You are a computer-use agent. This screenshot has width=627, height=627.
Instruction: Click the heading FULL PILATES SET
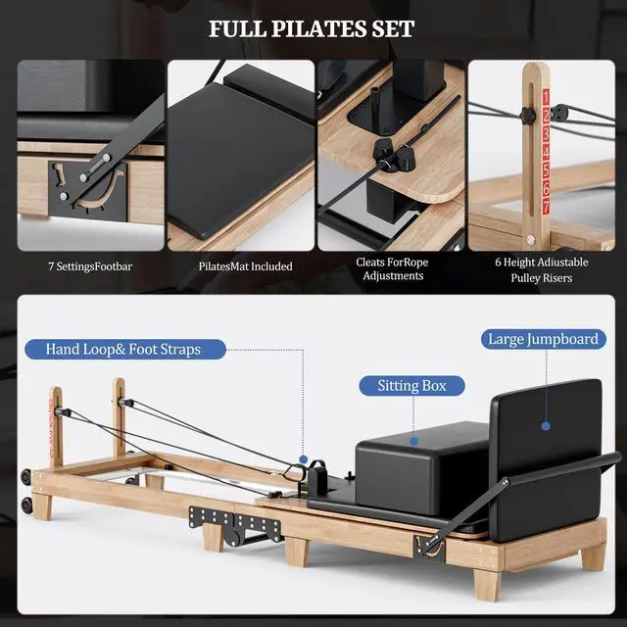(312, 28)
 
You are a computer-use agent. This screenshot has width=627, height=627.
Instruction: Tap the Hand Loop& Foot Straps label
(136, 348)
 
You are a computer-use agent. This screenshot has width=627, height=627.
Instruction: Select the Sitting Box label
(411, 385)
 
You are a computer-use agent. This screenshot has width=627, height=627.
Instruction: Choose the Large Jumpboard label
(543, 339)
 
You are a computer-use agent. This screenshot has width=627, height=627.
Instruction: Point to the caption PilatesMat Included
(239, 265)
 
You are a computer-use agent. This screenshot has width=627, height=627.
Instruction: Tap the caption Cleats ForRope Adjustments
(391, 269)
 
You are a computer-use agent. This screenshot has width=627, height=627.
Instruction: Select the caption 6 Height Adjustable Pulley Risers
(542, 269)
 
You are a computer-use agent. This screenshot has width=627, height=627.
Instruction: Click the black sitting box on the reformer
(411, 460)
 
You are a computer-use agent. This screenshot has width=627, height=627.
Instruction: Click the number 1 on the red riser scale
(546, 97)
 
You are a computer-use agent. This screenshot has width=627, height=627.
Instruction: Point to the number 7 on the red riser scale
(546, 208)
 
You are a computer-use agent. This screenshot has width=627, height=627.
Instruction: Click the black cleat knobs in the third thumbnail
(390, 153)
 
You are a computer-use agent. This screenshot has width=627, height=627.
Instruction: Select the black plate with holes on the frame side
(210, 516)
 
